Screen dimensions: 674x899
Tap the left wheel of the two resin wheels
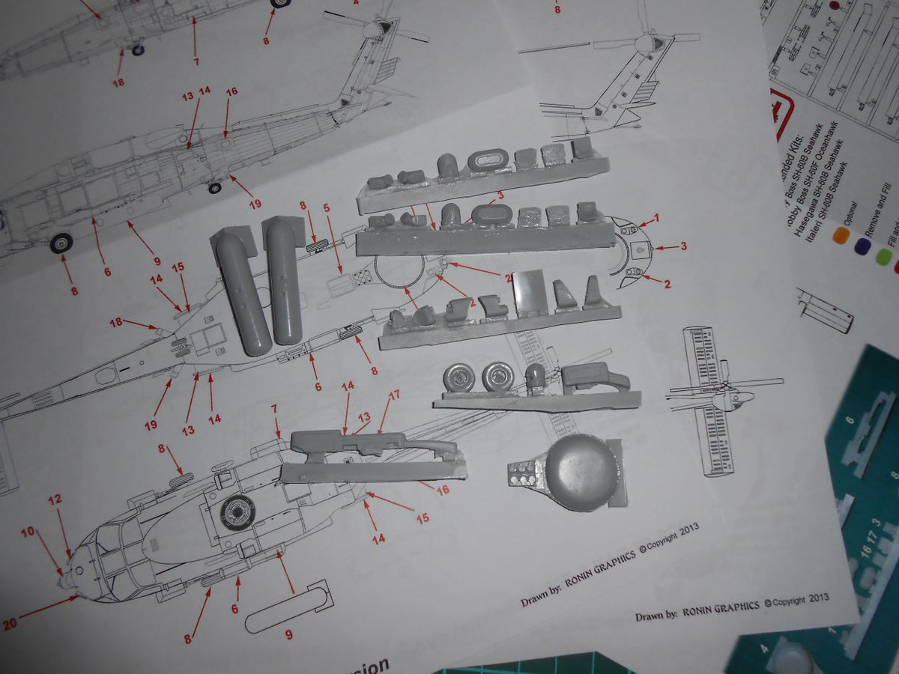point(455,378)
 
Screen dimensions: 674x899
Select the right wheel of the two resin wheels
point(496,377)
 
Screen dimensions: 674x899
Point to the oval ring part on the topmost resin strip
point(488,160)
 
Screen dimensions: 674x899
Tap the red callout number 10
point(28,532)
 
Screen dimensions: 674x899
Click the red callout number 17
point(395,395)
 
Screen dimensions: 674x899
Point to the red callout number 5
point(326,207)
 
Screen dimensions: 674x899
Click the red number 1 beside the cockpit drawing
point(656,217)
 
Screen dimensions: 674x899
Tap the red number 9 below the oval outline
point(288,635)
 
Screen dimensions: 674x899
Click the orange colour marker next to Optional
point(841,235)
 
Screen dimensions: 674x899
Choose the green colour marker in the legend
point(885,257)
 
